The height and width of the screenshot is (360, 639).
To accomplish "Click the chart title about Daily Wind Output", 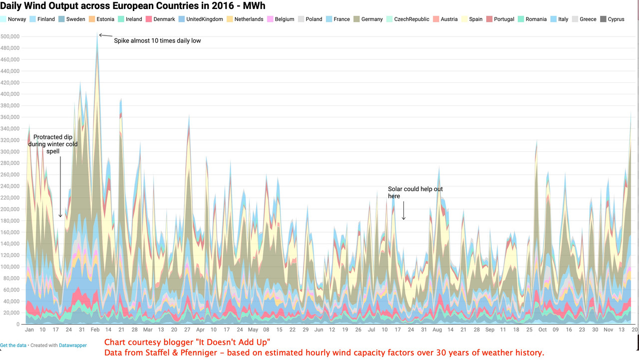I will (133, 6).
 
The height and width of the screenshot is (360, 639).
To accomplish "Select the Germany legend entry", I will (372, 19).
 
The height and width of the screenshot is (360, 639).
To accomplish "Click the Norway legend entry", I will (17, 19).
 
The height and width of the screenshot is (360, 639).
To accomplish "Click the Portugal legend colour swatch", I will (489, 19).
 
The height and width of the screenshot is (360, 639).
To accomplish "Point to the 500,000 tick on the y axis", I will (10, 36).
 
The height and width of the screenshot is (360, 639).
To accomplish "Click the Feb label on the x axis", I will (95, 330).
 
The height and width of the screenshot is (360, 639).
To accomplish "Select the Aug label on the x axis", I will (437, 330).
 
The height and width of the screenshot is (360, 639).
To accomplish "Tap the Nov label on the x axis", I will (608, 330).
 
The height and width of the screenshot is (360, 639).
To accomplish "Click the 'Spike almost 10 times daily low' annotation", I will (157, 40).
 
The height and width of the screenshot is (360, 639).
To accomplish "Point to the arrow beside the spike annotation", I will (105, 35).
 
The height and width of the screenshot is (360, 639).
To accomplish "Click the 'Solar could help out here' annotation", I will (415, 193).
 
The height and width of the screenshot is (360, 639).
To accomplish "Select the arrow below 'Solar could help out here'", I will (403, 210).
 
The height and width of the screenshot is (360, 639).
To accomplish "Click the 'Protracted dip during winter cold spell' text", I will (53, 144).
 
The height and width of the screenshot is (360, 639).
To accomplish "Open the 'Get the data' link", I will (13, 346).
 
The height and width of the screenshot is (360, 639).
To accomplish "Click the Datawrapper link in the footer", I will (73, 346).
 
